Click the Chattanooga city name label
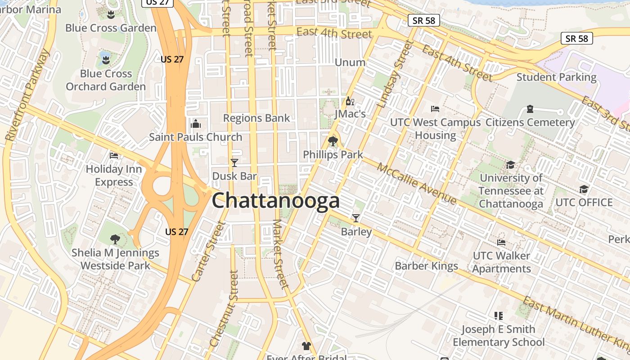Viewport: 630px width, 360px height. tap(275, 200)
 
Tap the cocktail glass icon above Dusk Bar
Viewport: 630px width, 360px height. tap(234, 162)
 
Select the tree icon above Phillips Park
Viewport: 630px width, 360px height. tap(333, 141)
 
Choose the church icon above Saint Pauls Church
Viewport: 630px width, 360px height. tap(196, 123)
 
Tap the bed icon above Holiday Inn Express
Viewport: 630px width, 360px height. tap(114, 156)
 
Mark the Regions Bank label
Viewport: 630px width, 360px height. tap(256, 118)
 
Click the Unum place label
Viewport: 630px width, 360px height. tap(350, 62)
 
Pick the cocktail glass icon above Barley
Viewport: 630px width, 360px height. tap(356, 218)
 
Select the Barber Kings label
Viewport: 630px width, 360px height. tap(426, 266)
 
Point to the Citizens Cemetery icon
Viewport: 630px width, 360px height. tap(530, 109)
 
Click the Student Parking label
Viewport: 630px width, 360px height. tap(556, 77)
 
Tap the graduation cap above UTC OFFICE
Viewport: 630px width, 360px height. tap(584, 189)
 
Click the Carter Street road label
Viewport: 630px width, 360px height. tap(207, 252)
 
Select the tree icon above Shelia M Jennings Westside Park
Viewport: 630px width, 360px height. tap(115, 239)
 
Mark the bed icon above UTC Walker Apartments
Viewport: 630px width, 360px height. tap(501, 243)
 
